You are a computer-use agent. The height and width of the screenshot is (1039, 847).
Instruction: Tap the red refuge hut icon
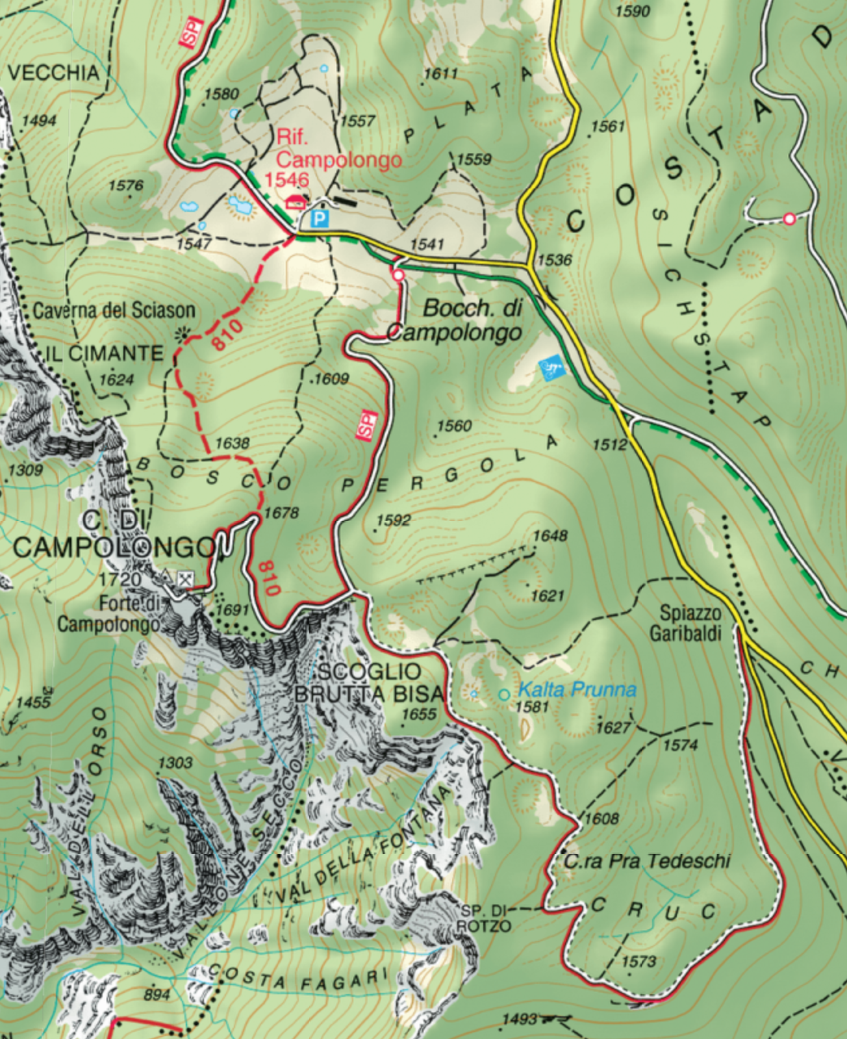[x=296, y=201]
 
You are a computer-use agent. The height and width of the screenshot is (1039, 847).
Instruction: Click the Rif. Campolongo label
[x=338, y=149]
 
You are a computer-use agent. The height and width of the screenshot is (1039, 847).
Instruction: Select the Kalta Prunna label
[x=577, y=689]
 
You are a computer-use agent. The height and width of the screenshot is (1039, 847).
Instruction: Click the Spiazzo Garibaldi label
[x=690, y=622]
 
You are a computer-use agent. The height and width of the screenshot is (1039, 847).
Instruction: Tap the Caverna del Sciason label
[x=114, y=311]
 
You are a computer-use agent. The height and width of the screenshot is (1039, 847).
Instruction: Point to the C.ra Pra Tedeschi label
[x=647, y=861]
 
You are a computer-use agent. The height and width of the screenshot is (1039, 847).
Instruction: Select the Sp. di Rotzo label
[x=484, y=917]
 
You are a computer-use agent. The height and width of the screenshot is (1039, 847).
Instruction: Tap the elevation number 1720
[x=120, y=578]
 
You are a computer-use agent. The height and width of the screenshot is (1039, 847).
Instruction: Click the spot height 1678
[x=281, y=513]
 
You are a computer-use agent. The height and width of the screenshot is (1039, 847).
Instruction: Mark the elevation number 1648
[x=550, y=535]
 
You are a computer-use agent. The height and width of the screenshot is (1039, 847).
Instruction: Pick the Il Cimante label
[x=105, y=353]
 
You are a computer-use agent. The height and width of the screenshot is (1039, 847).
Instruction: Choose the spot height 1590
[x=632, y=10]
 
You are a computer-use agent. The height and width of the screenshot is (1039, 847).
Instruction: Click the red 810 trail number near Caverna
[x=228, y=335]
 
